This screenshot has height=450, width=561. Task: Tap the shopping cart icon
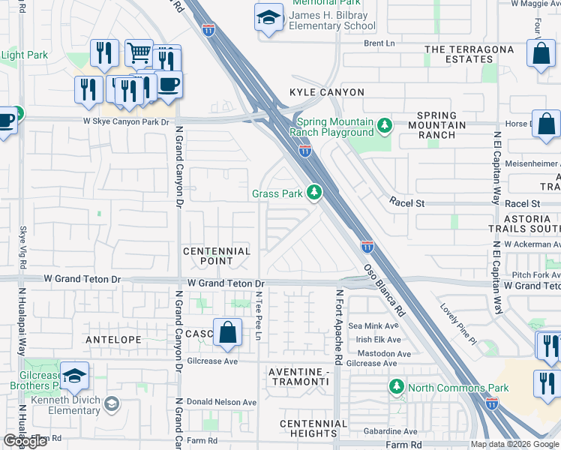pos(139,52)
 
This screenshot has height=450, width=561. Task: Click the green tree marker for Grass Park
pos(314,193)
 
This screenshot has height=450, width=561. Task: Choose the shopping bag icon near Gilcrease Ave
pos(227,331)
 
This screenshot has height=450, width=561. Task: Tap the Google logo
pos(25,441)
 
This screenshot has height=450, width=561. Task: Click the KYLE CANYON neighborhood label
pos(327,92)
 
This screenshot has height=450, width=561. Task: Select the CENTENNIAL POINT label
pos(217,256)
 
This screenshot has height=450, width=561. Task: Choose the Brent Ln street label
pos(379,43)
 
